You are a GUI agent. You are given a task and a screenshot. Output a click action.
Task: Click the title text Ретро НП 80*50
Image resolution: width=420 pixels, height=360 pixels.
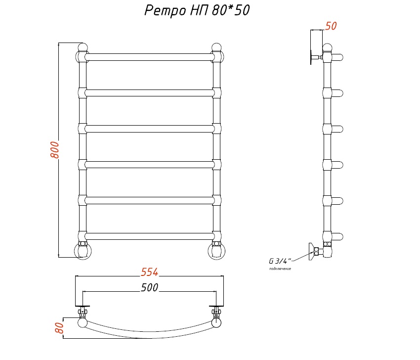click(x=197, y=11)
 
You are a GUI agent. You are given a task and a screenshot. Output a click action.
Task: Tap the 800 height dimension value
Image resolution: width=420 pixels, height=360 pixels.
click(x=55, y=149)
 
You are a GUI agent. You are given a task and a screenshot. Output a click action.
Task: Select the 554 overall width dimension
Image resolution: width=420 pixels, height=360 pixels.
click(x=149, y=272)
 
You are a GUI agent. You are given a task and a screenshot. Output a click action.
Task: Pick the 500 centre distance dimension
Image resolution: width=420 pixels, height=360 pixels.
click(x=149, y=287)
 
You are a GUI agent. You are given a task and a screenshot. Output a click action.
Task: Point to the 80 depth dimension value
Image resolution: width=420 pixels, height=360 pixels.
click(x=59, y=327)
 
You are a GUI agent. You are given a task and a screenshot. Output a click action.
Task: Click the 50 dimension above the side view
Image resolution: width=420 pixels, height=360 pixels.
click(x=331, y=26)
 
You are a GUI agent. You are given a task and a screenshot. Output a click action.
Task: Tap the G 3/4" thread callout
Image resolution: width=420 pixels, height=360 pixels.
click(x=280, y=261)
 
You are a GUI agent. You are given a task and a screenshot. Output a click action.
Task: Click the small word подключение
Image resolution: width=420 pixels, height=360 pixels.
click(x=280, y=269)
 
